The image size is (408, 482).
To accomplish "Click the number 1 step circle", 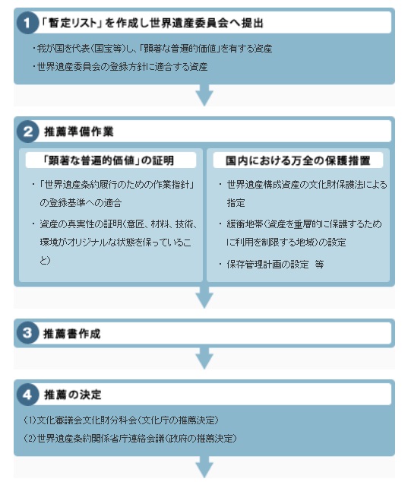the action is [x=27, y=23].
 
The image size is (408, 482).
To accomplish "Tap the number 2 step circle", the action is [x=27, y=132].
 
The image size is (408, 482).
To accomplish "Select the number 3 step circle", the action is [x=27, y=333].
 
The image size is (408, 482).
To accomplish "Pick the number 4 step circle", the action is [x=27, y=394].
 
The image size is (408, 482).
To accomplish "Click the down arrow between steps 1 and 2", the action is [x=204, y=95].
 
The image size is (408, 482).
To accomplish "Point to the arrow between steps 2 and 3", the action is [x=204, y=297].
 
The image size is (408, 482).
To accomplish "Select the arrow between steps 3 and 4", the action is [x=204, y=358].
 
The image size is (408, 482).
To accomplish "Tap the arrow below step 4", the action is [x=204, y=467].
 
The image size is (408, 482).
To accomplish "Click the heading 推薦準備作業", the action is [x=79, y=132].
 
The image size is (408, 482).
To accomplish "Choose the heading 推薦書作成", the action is [x=72, y=334].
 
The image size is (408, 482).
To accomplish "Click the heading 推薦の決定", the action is [x=73, y=395].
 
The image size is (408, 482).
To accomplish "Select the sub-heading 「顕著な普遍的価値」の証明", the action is [x=109, y=160].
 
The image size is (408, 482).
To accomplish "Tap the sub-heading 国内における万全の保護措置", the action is [x=298, y=160].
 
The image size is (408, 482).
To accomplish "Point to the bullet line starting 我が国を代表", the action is [x=152, y=48].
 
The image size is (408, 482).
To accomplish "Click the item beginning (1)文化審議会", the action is [x=121, y=420].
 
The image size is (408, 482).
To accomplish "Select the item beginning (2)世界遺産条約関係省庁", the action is [x=130, y=438].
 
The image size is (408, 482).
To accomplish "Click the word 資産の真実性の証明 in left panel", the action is [x=81, y=224].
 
